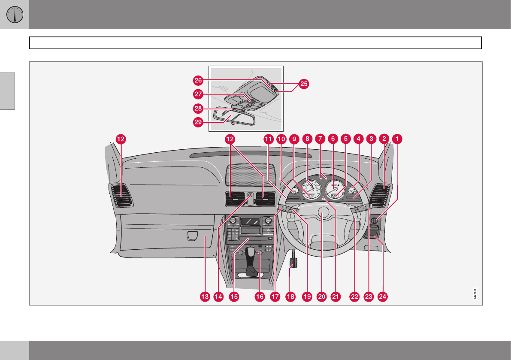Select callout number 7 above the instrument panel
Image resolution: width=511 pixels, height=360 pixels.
[x=319, y=139]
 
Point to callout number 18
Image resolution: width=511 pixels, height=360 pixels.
[x=290, y=296]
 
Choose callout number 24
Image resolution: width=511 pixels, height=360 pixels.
[x=382, y=296]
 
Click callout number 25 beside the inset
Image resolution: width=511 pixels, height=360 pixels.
[x=303, y=84]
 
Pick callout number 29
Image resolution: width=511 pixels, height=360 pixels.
[x=198, y=121]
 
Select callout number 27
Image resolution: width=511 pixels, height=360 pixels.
[x=198, y=94]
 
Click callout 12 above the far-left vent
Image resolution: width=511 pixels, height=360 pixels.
[x=121, y=139]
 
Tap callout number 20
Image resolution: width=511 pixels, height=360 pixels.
[x=321, y=296]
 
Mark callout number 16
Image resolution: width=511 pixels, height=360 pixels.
[x=259, y=296]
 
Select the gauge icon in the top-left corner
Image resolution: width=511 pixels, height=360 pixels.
[x=14, y=15]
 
